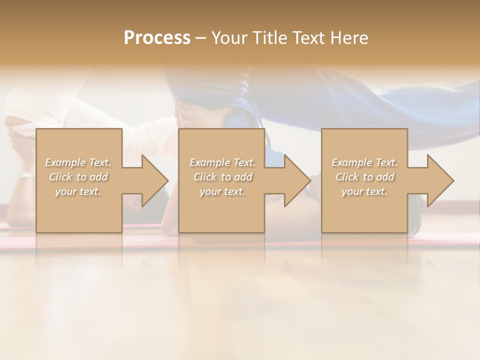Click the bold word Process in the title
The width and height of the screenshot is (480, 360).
coord(157,38)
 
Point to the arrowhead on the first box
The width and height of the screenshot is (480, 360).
coord(152,180)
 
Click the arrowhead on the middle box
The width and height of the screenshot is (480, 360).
coord(295,180)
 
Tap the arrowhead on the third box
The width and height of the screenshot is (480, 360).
coord(438,180)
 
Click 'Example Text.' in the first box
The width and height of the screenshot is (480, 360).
coord(78,162)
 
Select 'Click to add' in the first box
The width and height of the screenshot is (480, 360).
coord(78,177)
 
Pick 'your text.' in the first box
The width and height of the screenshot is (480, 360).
coord(78,191)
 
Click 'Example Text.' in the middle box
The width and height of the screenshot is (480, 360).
coord(222,162)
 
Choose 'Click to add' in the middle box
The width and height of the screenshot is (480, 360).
coord(222,177)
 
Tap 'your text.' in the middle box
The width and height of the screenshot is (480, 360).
coord(222,191)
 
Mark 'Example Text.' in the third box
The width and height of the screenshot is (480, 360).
coord(364,162)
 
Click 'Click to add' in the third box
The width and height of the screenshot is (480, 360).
coord(364,177)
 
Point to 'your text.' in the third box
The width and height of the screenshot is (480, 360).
coord(364,191)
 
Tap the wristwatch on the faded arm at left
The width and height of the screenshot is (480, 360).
coord(26,176)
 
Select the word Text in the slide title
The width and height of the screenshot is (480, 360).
coord(308,38)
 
